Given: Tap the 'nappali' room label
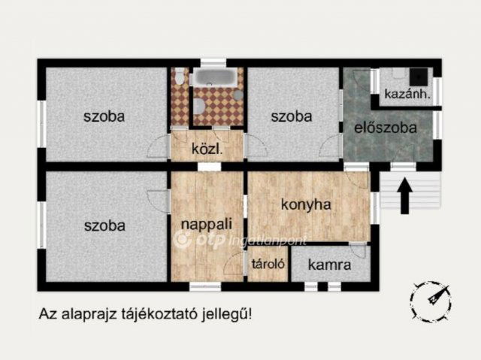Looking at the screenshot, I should (206, 223).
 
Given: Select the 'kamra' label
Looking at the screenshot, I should (331, 265).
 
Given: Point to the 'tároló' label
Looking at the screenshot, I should (267, 265).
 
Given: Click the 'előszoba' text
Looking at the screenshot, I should (386, 128).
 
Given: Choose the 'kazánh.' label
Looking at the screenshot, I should (406, 95).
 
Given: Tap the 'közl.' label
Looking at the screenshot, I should (205, 148).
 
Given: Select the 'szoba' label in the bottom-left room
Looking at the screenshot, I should (104, 225).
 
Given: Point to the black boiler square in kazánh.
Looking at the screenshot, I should (419, 76).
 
